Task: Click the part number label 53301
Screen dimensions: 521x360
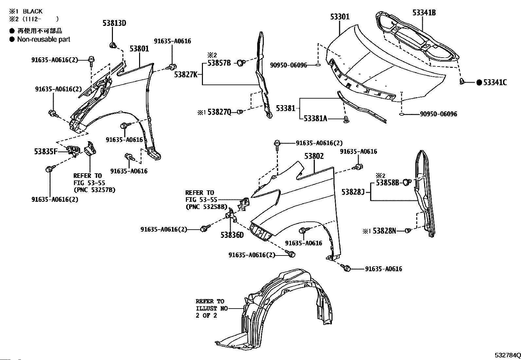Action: coord(340,17)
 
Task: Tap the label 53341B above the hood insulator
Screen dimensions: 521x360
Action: coord(424,12)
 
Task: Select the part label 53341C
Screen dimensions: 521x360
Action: coord(495,83)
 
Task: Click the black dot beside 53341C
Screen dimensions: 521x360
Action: coord(479,83)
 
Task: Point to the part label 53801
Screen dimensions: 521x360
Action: coord(139,49)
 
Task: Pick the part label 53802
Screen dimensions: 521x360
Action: coord(314,156)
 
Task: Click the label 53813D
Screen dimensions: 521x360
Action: coord(115,23)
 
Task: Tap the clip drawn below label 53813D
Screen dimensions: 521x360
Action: coord(113,45)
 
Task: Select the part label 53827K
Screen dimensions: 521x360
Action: coord(186,74)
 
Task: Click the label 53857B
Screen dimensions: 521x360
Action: coord(219,63)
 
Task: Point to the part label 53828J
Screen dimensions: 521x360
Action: coord(353,192)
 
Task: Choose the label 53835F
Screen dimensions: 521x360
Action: coord(45,152)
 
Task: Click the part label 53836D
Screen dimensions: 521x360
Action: coord(232,235)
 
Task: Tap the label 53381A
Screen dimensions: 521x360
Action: coord(315,119)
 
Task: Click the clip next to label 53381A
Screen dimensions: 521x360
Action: coord(347,119)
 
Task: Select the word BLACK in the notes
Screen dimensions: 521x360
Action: coord(33,11)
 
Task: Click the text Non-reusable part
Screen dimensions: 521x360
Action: coord(44,39)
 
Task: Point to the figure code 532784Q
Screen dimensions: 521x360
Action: coord(508,355)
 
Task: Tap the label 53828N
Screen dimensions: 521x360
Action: coord(384,231)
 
